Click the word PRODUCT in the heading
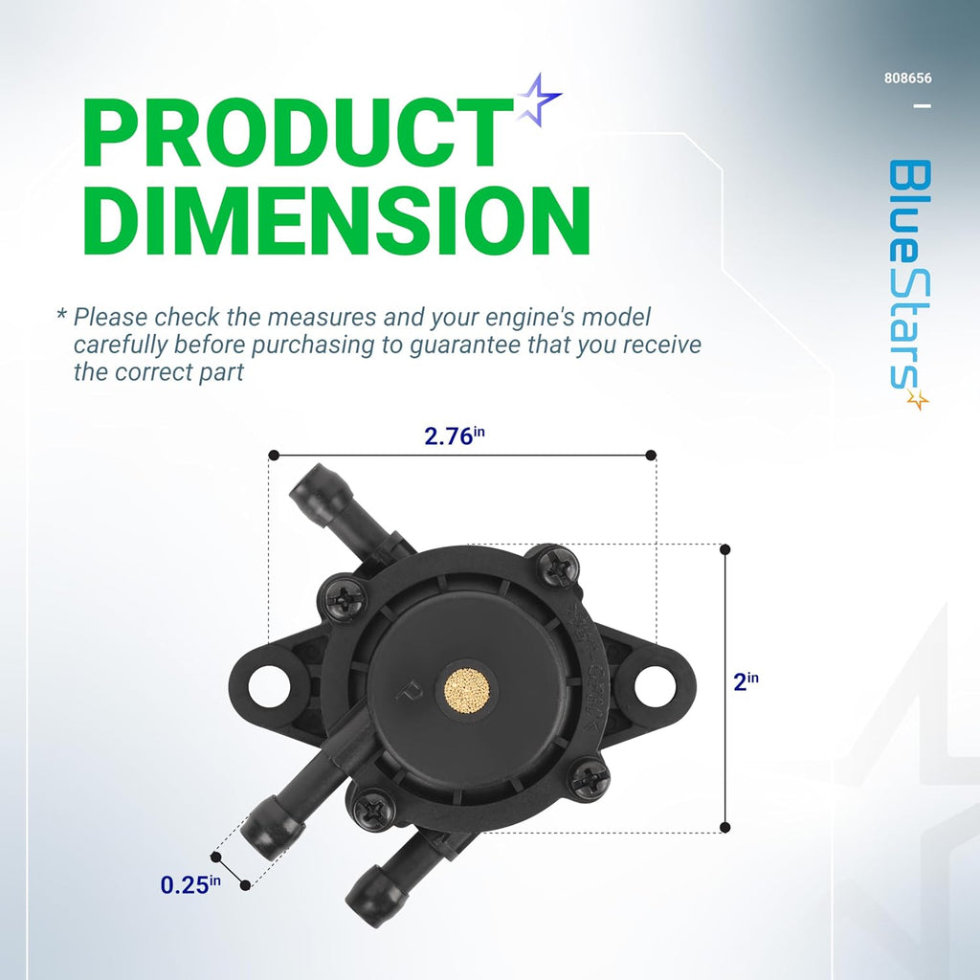point(297,132)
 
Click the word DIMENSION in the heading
point(336,220)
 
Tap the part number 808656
point(907,78)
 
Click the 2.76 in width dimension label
point(455,435)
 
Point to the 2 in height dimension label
point(746,681)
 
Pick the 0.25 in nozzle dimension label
point(190,884)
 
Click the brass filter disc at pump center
point(467,689)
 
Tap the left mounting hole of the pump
point(269,686)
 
